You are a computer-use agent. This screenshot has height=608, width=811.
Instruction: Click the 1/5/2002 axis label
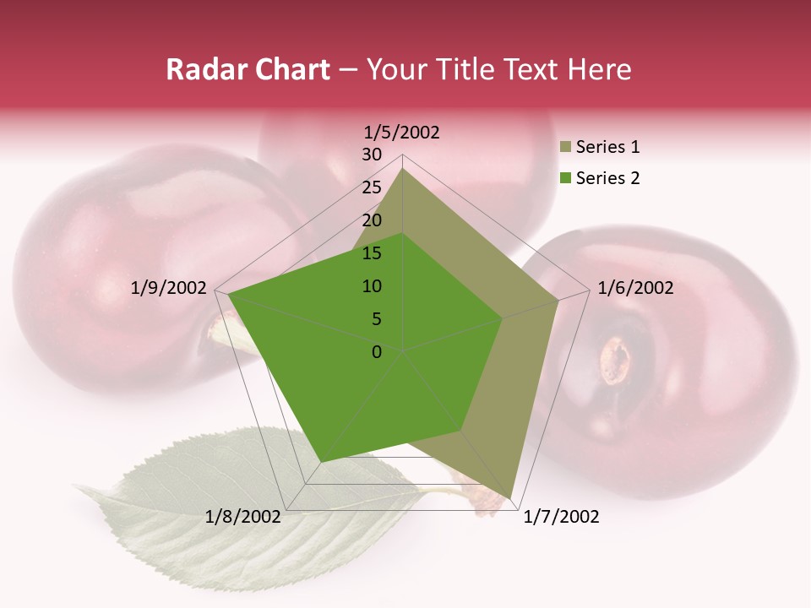(401, 133)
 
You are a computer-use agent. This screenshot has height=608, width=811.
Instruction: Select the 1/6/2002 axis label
(635, 288)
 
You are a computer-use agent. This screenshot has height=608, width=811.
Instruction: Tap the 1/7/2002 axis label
(561, 517)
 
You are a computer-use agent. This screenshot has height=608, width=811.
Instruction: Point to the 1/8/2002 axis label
(243, 517)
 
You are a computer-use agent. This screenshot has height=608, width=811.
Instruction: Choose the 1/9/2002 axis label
(169, 288)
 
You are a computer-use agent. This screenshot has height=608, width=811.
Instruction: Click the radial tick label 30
(372, 155)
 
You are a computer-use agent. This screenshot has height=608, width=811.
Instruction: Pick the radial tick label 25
(372, 187)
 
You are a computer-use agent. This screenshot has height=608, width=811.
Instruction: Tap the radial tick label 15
(372, 253)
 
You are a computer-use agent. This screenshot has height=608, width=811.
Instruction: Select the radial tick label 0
(377, 352)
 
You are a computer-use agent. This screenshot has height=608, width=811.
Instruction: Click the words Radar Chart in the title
(248, 69)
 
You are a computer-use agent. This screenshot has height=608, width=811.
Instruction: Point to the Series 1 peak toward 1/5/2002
(403, 169)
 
